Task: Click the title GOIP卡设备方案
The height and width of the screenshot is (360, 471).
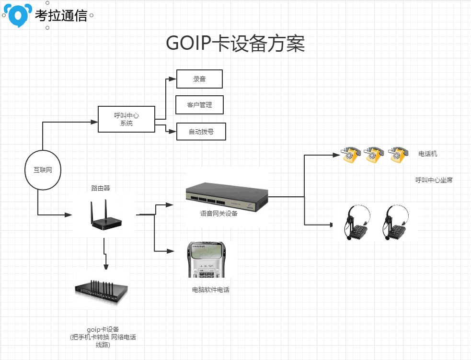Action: tap(235, 44)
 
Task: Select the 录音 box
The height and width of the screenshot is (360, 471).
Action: tap(199, 79)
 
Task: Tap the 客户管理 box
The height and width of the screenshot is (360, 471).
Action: tap(200, 105)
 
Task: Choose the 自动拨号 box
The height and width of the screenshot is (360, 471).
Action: tap(201, 132)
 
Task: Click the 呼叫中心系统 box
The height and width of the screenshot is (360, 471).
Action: tap(126, 119)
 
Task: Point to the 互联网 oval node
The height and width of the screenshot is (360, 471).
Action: tap(43, 170)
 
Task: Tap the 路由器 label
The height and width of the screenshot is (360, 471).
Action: tap(104, 188)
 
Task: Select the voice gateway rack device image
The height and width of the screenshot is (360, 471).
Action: tap(227, 196)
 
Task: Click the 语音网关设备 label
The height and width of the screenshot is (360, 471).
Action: tap(218, 214)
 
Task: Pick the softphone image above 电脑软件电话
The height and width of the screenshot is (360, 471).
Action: tap(207, 260)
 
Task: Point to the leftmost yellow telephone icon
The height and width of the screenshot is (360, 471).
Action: tap(351, 154)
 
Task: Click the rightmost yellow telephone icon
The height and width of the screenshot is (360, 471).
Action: tap(398, 154)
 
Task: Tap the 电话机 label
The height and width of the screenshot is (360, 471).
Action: tap(427, 154)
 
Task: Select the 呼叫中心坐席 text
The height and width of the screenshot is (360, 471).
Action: tap(434, 180)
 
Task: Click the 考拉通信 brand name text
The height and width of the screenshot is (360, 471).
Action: tap(61, 15)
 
